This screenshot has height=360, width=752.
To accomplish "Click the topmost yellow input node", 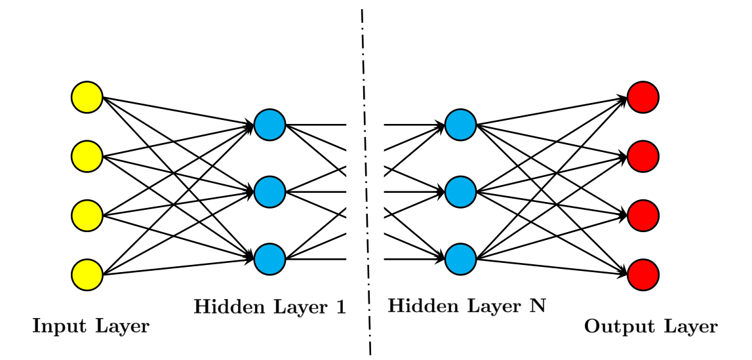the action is pos(87,97).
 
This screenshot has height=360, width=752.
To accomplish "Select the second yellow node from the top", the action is pos(87,156).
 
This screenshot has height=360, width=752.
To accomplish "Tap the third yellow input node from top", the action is pos(87,216).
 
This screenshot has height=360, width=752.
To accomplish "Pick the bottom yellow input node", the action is pos(87,275).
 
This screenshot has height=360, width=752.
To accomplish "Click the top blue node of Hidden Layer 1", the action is pos(270,125).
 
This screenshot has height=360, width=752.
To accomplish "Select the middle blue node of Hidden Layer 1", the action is pos(270,191).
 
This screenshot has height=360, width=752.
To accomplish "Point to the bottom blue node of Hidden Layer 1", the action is pos(270,259).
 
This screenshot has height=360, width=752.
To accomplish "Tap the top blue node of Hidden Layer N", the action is pos(460,125).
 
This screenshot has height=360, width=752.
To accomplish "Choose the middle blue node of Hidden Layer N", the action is pos(460,191).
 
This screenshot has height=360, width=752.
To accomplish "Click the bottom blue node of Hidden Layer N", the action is pos(460,259).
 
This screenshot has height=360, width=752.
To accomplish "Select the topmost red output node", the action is pos(643,97).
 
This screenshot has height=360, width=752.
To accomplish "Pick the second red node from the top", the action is pos(643,156).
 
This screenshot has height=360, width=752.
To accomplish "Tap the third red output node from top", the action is pos(643,216).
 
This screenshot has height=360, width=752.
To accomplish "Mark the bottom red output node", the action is pos(643,275).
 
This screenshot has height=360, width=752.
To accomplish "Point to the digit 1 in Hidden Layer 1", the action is pos(340,306).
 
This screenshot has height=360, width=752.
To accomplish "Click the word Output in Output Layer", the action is pos(615,327).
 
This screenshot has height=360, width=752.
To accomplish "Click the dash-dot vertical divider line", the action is pos(366,182).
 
